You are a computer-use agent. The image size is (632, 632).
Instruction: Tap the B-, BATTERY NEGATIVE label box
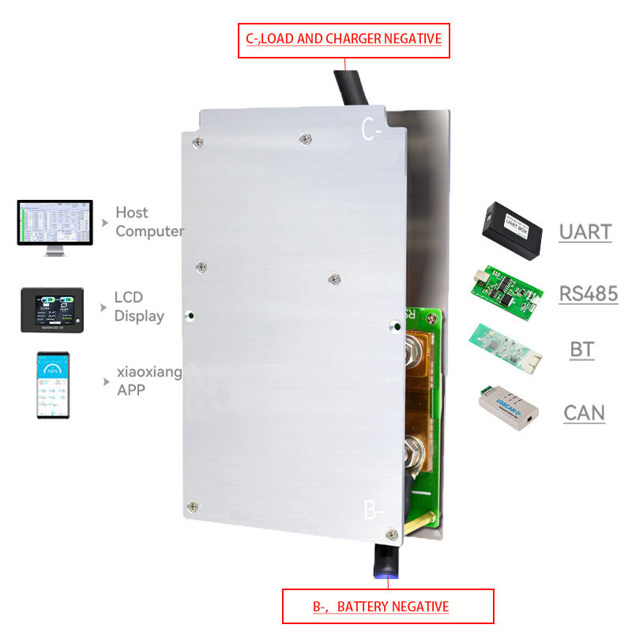pyautogui.click(x=388, y=607)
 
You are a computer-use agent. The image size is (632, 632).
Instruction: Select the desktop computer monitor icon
pyautogui.click(x=55, y=227)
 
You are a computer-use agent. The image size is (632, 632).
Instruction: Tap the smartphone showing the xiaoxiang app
pyautogui.click(x=52, y=385)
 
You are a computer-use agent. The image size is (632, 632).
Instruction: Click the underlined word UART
pyautogui.click(x=585, y=232)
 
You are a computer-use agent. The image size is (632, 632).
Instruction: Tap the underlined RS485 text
pyautogui.click(x=588, y=294)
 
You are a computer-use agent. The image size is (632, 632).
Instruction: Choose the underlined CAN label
pyautogui.click(x=584, y=412)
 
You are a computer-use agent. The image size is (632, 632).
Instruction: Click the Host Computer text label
pyautogui.click(x=148, y=222)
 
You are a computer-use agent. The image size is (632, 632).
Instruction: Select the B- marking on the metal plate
pyautogui.click(x=374, y=510)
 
